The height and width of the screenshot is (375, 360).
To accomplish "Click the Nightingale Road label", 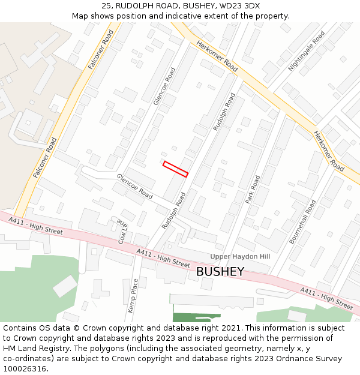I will (306, 52).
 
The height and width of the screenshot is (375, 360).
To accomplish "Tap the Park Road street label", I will (253, 190).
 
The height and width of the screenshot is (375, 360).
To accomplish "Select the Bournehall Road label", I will (302, 221).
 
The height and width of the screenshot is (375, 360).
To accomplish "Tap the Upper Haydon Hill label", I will (240, 256).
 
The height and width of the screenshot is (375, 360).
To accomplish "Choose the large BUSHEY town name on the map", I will (220, 271).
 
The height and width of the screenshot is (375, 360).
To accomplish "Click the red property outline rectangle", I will (176, 169).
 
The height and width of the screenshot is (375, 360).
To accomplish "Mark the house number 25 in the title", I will (107, 6).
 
